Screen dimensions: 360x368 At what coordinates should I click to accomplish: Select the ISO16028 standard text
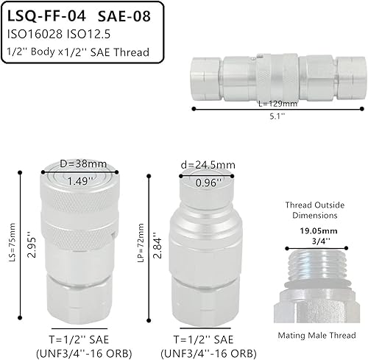(35, 34)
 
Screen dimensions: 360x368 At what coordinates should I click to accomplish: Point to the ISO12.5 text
(92, 34)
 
